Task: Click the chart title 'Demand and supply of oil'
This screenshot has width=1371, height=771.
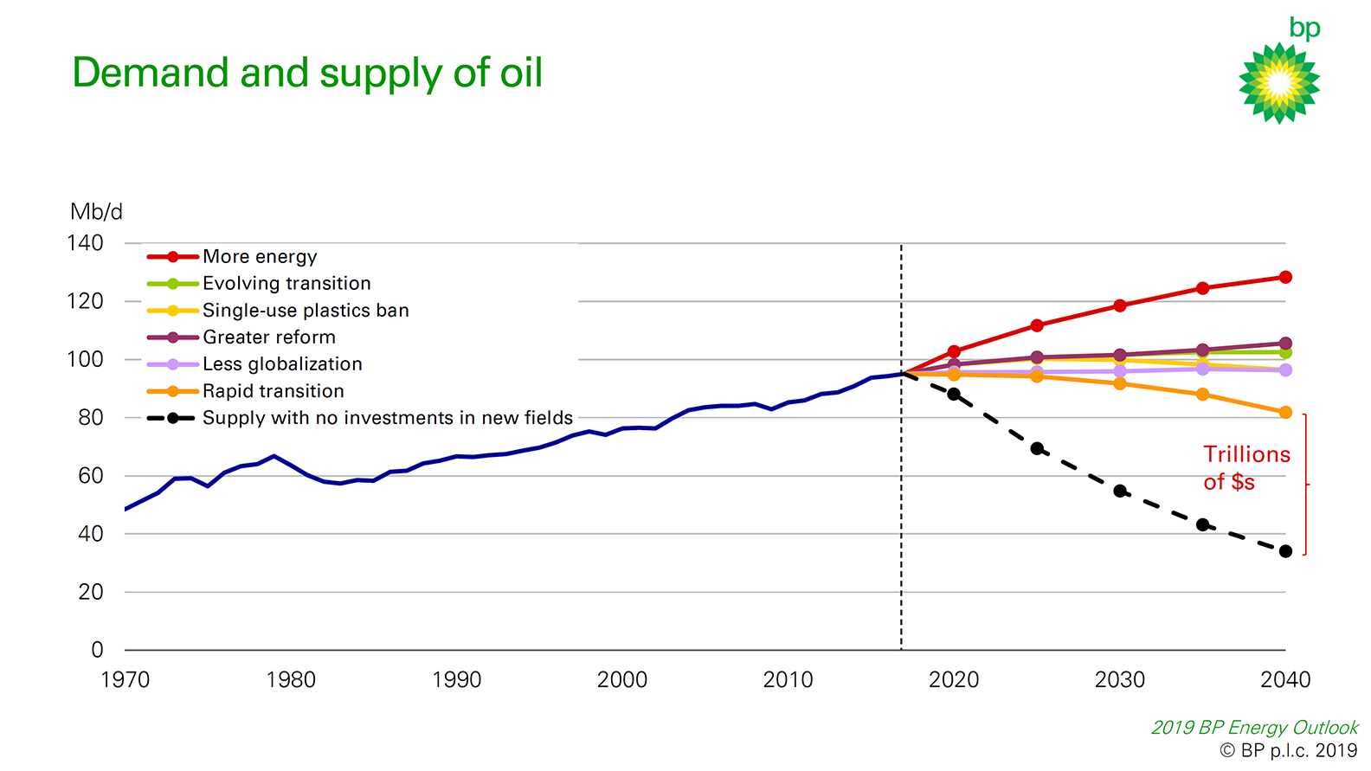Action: click(x=307, y=73)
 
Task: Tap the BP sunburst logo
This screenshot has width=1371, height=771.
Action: click(x=1278, y=83)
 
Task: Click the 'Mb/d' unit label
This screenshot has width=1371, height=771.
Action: click(x=96, y=212)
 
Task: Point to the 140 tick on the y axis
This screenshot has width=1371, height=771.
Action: click(x=86, y=243)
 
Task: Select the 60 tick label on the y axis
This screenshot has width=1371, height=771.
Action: click(x=90, y=476)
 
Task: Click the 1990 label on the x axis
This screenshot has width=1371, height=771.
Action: click(x=456, y=680)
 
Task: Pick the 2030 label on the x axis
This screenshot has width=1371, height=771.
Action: click(x=1119, y=680)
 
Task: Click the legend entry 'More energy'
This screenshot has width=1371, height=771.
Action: click(x=260, y=257)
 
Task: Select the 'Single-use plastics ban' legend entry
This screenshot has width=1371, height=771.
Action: click(x=305, y=311)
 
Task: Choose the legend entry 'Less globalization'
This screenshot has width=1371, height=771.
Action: click(x=282, y=364)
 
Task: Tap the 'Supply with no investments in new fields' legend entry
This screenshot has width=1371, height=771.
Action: click(x=387, y=418)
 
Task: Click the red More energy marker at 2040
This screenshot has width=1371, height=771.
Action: click(x=1285, y=278)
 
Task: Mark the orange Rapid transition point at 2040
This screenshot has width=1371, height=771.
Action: click(x=1285, y=413)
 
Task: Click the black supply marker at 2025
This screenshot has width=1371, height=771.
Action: click(x=1037, y=449)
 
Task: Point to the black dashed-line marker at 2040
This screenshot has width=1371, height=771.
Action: click(x=1285, y=551)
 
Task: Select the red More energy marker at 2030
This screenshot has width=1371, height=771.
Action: click(x=1120, y=305)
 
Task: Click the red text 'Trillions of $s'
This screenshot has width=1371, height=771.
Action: click(x=1245, y=468)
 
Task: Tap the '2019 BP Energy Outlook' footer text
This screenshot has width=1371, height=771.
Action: click(x=1254, y=728)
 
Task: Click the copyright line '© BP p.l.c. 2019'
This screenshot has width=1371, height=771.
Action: click(x=1288, y=750)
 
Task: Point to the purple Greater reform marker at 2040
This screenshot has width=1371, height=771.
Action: click(x=1285, y=344)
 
